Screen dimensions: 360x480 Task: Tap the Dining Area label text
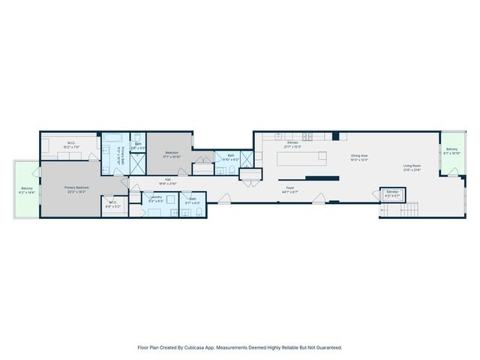click(x=359, y=156)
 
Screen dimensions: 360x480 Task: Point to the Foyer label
click(x=289, y=188)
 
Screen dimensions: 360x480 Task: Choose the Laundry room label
click(x=156, y=196)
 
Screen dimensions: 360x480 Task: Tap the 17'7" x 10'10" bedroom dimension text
click(x=172, y=157)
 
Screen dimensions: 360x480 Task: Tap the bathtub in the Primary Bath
click(x=115, y=138)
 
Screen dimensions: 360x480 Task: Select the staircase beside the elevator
click(x=391, y=209)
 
